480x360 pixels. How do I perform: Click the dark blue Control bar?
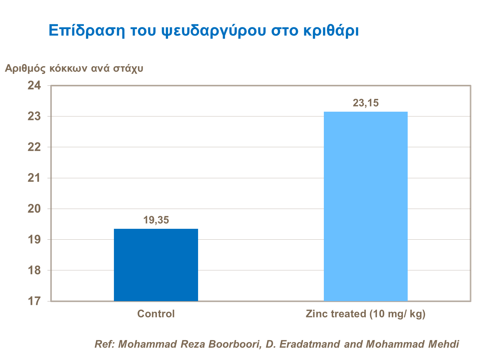pos(156,265)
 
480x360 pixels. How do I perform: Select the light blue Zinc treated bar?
pos(365,206)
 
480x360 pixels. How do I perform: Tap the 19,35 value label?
pos(156,220)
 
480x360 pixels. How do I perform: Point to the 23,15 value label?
pos(365,103)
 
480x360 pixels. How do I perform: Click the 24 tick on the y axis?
pos(34,85)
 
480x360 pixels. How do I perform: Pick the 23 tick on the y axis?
pos(34,116)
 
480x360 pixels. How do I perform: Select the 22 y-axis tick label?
pos(34,147)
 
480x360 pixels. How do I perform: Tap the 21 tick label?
pos(34,178)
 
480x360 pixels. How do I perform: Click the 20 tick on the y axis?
pos(34,209)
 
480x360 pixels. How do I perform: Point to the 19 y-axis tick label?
pos(34,239)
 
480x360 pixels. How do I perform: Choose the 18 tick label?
pos(34,270)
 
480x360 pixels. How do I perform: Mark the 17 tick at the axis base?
pos(34,301)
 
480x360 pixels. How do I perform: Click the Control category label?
pos(156,314)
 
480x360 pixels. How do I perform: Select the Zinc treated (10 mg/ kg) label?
pos(365,314)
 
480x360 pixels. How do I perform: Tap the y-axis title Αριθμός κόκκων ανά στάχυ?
pos(74,68)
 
